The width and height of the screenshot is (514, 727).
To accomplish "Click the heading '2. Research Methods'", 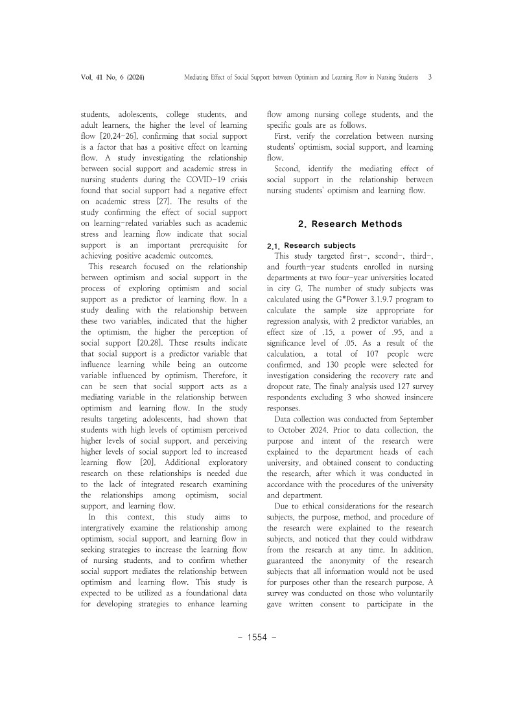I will click(350, 224).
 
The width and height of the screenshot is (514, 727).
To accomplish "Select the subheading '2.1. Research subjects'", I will click(311, 246).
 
